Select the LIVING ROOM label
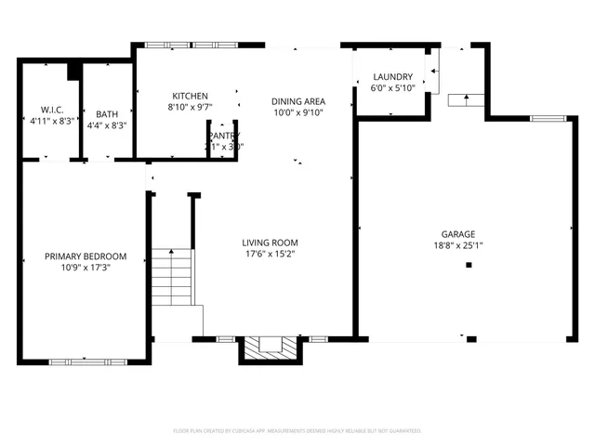(271, 243)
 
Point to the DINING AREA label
(297, 101)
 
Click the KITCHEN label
(190, 96)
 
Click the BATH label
(107, 114)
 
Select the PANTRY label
(224, 136)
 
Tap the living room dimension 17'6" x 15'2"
(271, 254)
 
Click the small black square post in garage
(469, 265)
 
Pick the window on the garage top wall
(548, 118)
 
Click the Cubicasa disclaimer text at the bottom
(297, 431)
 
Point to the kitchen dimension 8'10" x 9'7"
(190, 107)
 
